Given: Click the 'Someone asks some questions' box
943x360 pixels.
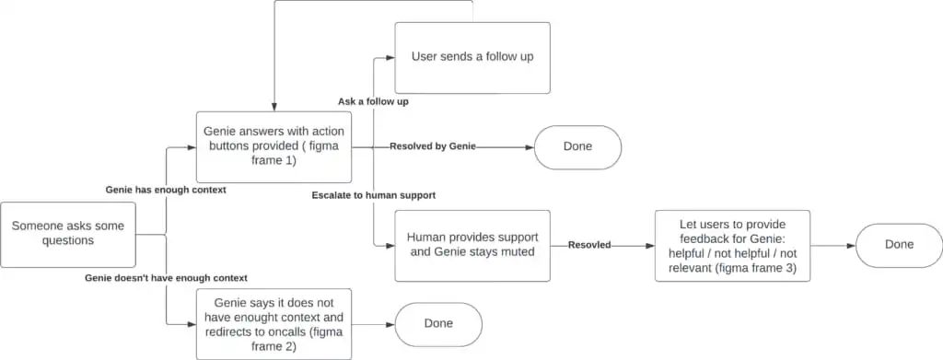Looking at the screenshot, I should pyautogui.click(x=68, y=234).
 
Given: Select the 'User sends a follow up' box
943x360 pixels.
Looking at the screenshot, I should pyautogui.click(x=472, y=57).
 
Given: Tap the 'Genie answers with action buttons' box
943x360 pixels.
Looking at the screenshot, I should pyautogui.click(x=274, y=146).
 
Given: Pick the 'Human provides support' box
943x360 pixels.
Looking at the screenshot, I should pyautogui.click(x=472, y=245).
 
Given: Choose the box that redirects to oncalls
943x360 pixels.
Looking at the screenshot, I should pyautogui.click(x=274, y=324).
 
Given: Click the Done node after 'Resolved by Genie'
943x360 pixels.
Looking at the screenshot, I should pyautogui.click(x=578, y=147).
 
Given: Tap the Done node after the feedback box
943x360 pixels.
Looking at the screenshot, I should pyautogui.click(x=899, y=245).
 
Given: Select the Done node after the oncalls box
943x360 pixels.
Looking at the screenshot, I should pyautogui.click(x=438, y=324).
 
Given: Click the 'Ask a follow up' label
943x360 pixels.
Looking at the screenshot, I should pyautogui.click(x=373, y=101).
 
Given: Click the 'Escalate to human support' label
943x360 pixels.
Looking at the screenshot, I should pyautogui.click(x=373, y=195).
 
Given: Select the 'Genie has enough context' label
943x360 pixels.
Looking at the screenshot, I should pyautogui.click(x=166, y=189).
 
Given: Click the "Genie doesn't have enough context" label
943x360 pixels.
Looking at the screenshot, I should pyautogui.click(x=166, y=277).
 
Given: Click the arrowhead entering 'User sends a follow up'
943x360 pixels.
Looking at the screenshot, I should pyautogui.click(x=390, y=57).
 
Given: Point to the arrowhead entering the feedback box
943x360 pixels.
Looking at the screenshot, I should pyautogui.click(x=650, y=246).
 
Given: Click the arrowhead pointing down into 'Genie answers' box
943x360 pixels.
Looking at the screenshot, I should pyautogui.click(x=274, y=108).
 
